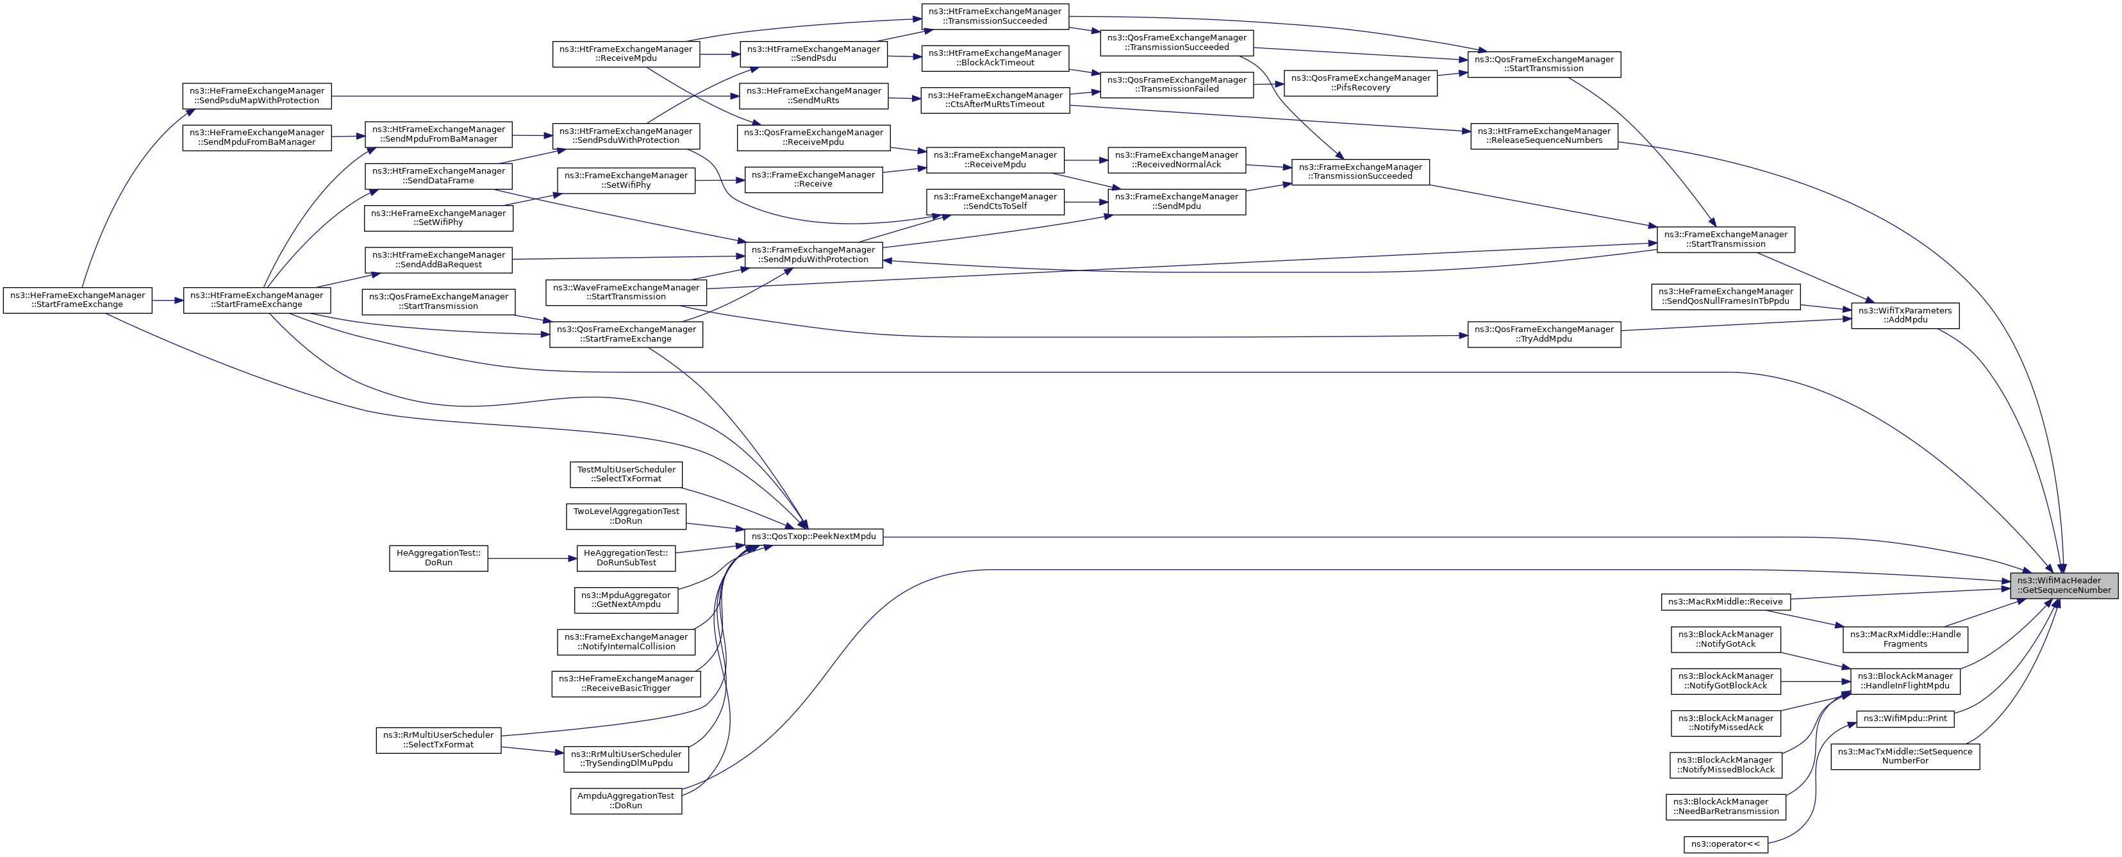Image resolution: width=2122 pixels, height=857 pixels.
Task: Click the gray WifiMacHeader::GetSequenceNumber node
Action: pos(2064,585)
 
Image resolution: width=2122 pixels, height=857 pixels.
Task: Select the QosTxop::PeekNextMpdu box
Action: pos(814,537)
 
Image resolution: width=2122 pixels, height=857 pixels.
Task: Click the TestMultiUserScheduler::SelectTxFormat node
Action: pos(626,474)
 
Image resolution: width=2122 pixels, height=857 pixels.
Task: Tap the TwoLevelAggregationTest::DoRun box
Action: pos(626,516)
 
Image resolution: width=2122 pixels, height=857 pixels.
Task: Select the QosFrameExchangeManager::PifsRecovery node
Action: pos(1360,83)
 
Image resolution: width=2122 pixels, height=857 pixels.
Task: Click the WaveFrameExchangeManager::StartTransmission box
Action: pos(626,292)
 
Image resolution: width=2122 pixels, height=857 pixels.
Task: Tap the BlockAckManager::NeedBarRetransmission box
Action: pos(1725,807)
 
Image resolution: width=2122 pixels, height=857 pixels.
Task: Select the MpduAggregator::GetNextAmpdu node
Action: pos(626,600)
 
